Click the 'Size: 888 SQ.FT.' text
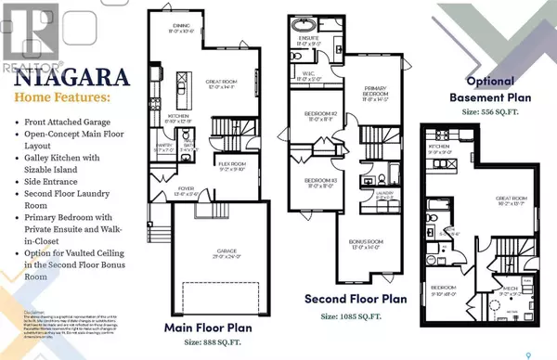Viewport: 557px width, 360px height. (219, 341)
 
